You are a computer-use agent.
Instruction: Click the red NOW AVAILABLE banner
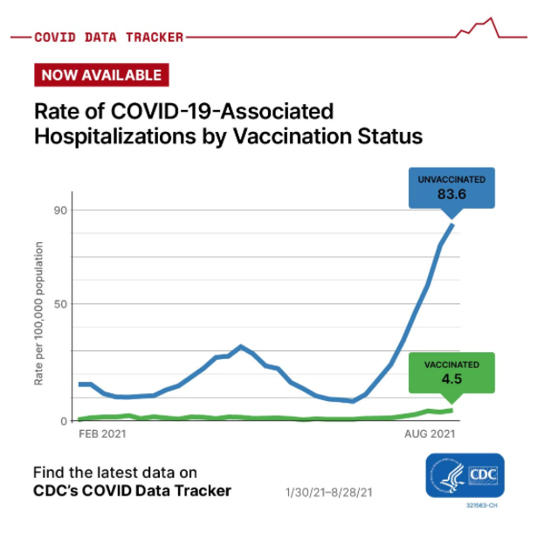tap(101, 75)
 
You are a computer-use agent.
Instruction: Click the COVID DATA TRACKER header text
tap(109, 38)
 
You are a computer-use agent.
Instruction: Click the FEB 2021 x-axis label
tap(102, 433)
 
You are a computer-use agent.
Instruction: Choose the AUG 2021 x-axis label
tap(430, 433)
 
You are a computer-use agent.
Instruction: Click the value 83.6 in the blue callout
tap(451, 194)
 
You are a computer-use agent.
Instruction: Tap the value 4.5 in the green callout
tap(451, 379)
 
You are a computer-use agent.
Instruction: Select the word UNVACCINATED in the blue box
tap(451, 179)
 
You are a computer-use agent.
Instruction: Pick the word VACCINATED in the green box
tap(451, 364)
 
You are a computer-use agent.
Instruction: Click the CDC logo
tap(465, 475)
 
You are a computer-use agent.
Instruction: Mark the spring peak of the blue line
tap(241, 347)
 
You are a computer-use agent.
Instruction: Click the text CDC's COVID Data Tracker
tap(132, 490)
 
